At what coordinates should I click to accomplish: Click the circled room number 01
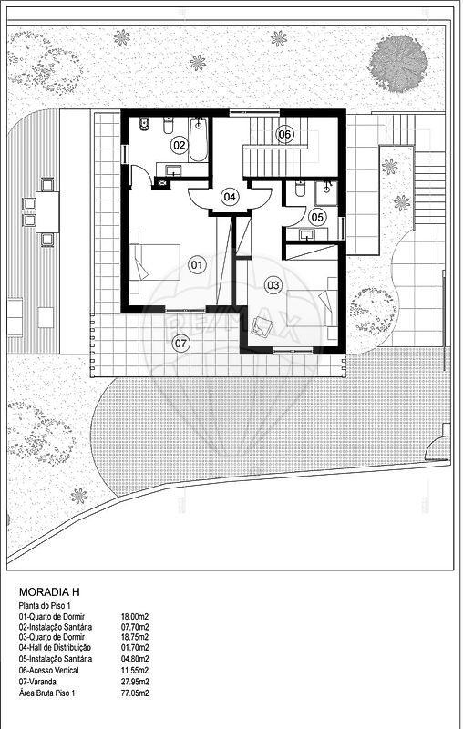197,265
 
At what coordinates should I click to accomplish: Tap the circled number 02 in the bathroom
179,146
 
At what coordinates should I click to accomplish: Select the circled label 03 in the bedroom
273,285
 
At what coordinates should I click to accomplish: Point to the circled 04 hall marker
229,197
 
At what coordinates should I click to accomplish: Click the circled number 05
317,217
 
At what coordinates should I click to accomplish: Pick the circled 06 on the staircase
284,135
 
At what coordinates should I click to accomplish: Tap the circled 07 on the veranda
180,344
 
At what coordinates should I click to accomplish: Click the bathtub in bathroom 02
198,139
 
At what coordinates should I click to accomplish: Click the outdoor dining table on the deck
47,212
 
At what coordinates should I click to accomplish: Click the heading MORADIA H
49,592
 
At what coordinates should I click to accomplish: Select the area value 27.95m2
135,682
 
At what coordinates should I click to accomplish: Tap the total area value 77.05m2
135,693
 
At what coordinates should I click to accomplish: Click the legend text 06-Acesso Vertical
49,671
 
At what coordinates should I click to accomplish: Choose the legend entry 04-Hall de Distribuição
55,648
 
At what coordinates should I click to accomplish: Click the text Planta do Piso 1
44,606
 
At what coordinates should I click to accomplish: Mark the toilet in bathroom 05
299,189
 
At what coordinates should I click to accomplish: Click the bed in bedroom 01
154,262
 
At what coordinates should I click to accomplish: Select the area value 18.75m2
135,637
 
